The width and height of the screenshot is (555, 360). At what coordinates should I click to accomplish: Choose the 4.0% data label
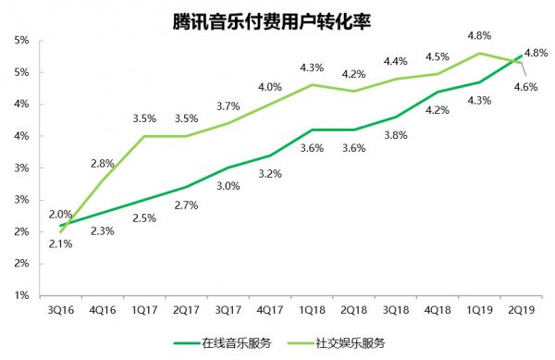[270, 88]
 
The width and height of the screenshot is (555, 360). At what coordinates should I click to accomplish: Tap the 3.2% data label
[268, 173]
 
